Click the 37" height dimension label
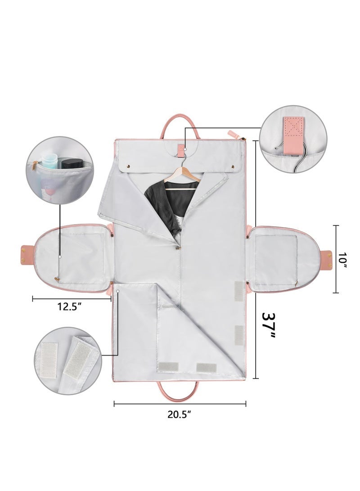point(268,326)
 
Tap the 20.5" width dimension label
point(180,414)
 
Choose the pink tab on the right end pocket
point(326,259)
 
